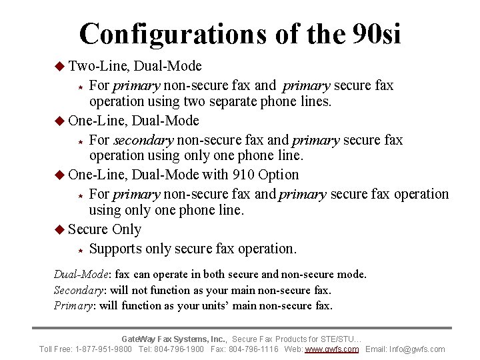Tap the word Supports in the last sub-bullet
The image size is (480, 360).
coord(115,249)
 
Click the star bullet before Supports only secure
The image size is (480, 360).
coord(79,249)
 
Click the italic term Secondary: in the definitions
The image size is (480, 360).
coord(79,290)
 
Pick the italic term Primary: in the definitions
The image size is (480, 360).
coord(75,305)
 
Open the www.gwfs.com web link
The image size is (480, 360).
coord(331,349)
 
